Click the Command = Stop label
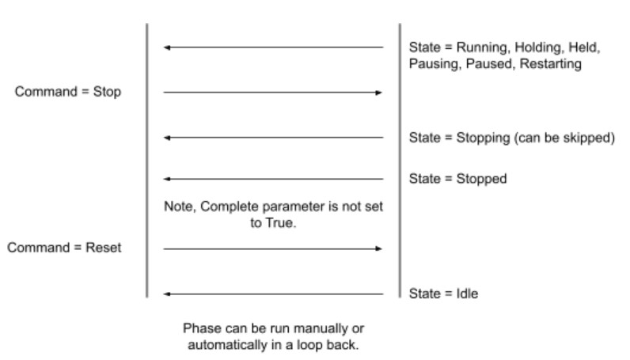68,92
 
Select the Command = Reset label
65,248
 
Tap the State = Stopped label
457,179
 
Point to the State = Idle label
443,294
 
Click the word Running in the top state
480,47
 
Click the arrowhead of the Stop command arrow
379,93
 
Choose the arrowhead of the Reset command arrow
379,248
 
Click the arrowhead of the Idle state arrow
167,294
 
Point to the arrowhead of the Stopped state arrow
167,180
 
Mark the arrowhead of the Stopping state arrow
167,138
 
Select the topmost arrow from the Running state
273,47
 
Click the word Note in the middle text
178,207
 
